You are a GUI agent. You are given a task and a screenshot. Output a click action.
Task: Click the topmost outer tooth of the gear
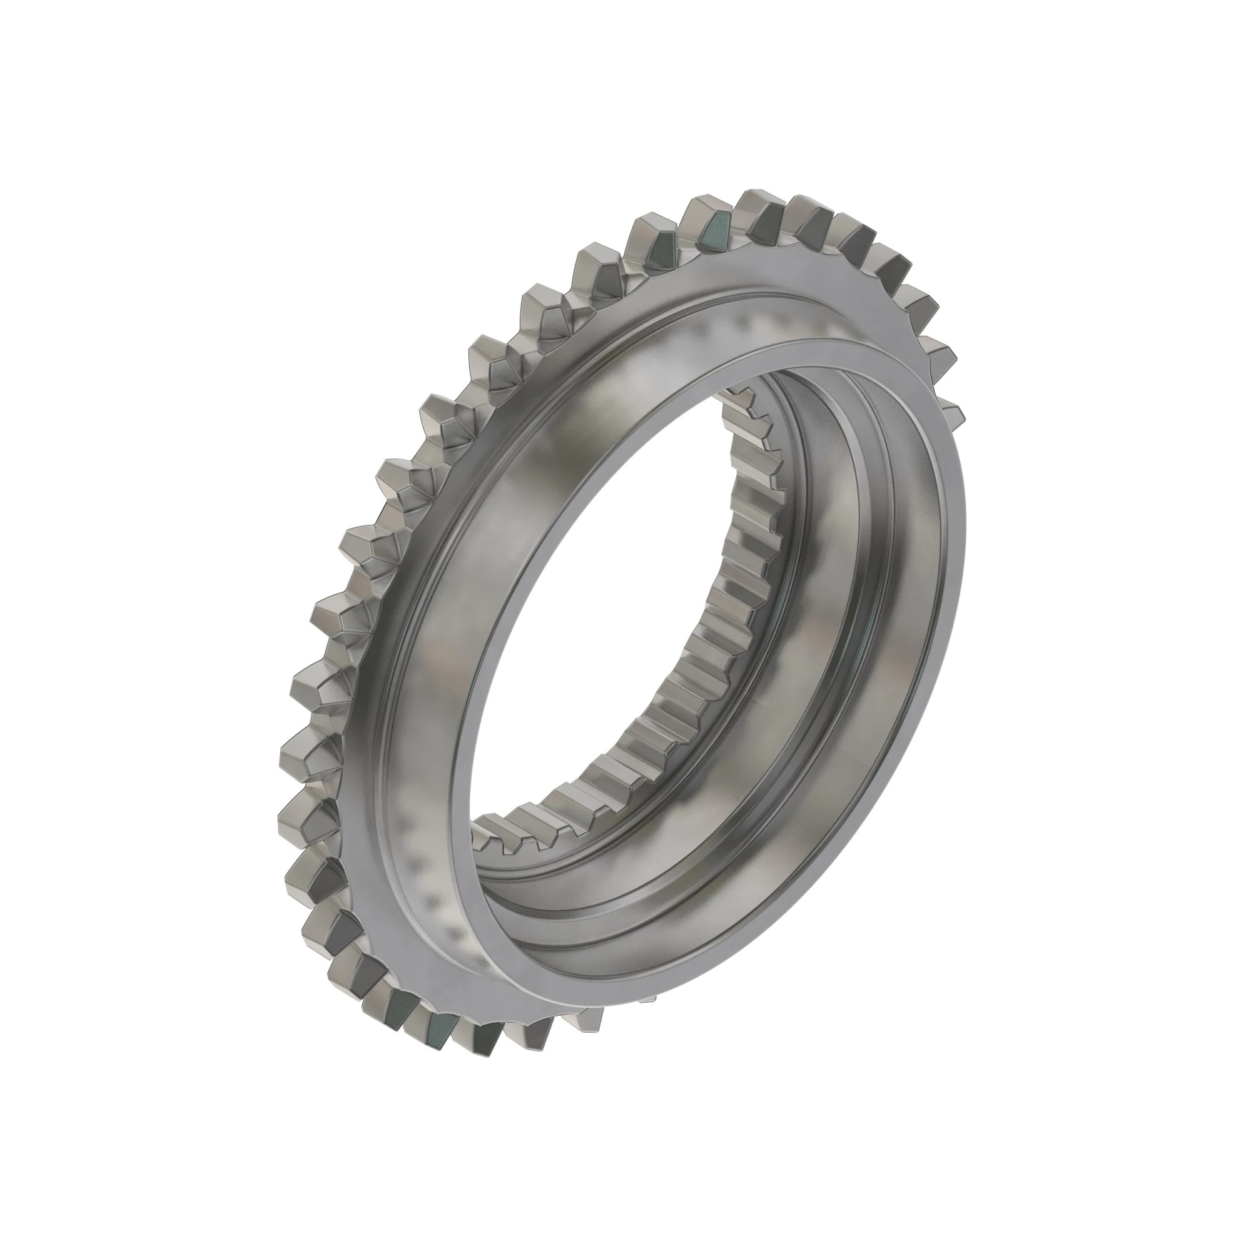761,205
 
